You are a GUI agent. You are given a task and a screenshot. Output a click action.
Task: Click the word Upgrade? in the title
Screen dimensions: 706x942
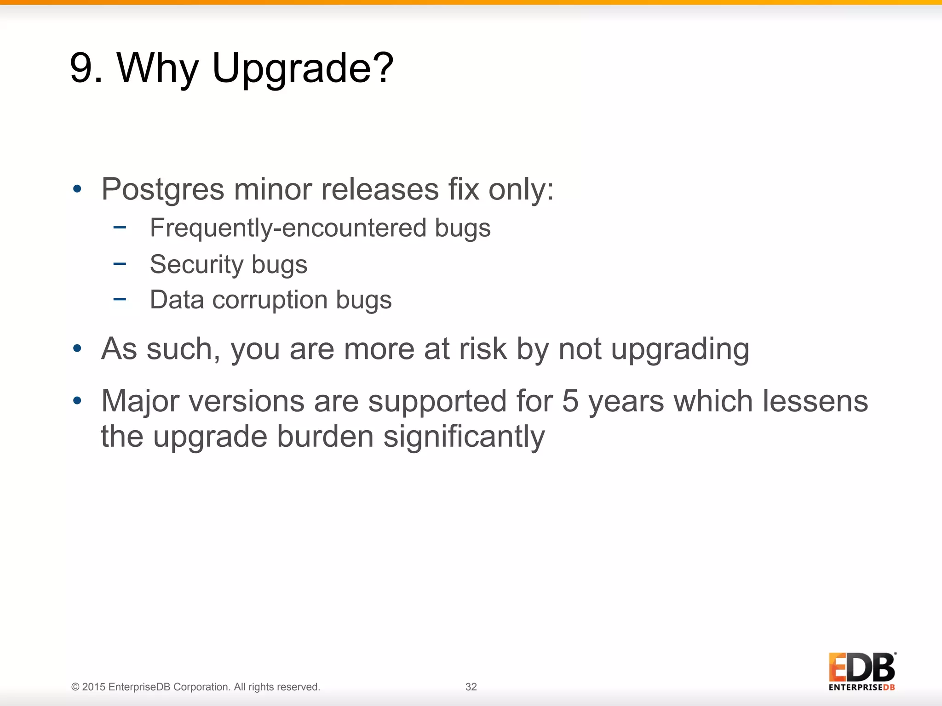[302, 68]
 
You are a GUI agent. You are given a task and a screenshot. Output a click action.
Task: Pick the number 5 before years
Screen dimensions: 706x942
[570, 401]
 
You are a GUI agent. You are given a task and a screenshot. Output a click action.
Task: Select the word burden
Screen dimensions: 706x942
[325, 436]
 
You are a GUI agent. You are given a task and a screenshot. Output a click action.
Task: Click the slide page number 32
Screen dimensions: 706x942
[471, 687]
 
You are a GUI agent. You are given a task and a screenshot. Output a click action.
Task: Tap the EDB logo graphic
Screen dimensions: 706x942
[862, 671]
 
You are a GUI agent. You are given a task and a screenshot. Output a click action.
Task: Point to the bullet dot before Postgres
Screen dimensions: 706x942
[77, 189]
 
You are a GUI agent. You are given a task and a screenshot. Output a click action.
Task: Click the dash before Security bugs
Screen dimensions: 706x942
[120, 263]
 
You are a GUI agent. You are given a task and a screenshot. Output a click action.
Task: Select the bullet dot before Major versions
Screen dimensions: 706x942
[77, 400]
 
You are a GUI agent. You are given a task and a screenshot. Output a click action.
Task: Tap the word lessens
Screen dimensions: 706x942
[815, 401]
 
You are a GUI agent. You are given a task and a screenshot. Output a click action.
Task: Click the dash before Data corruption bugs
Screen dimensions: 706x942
[120, 299]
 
